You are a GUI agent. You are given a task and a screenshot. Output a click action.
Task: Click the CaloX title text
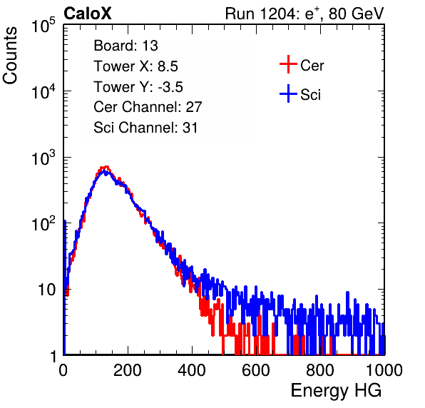[88, 14]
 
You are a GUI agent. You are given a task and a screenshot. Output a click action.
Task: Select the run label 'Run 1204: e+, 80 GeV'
[304, 14]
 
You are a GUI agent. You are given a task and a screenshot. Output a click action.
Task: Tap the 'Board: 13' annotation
[126, 46]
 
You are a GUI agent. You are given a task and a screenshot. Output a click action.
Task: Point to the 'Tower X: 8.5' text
[135, 66]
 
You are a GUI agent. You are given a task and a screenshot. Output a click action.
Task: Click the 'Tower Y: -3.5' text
[138, 87]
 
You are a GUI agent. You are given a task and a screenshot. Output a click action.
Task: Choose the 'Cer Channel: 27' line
[148, 107]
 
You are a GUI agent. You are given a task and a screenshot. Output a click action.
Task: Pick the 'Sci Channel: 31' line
[145, 128]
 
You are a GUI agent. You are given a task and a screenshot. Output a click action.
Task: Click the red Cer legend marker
[288, 64]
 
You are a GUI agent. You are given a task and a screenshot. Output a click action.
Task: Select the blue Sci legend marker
[288, 94]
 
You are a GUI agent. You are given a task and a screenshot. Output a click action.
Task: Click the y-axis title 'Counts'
[10, 56]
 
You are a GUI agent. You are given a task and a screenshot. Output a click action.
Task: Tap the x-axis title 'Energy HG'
[336, 391]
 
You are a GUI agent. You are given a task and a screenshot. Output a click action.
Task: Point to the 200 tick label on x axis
[128, 370]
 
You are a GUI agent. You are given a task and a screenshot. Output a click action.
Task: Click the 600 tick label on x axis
[256, 370]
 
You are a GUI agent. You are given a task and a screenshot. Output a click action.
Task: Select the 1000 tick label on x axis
[384, 370]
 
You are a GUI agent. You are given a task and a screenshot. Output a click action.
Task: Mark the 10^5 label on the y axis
[43, 25]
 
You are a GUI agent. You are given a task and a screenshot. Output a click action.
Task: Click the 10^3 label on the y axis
[43, 158]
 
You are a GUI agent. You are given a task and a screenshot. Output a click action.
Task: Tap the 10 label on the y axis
[46, 290]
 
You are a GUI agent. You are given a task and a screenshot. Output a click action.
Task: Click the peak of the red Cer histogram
[106, 167]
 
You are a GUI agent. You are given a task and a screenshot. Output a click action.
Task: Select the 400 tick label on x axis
[192, 370]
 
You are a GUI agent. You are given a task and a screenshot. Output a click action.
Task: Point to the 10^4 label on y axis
[43, 91]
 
